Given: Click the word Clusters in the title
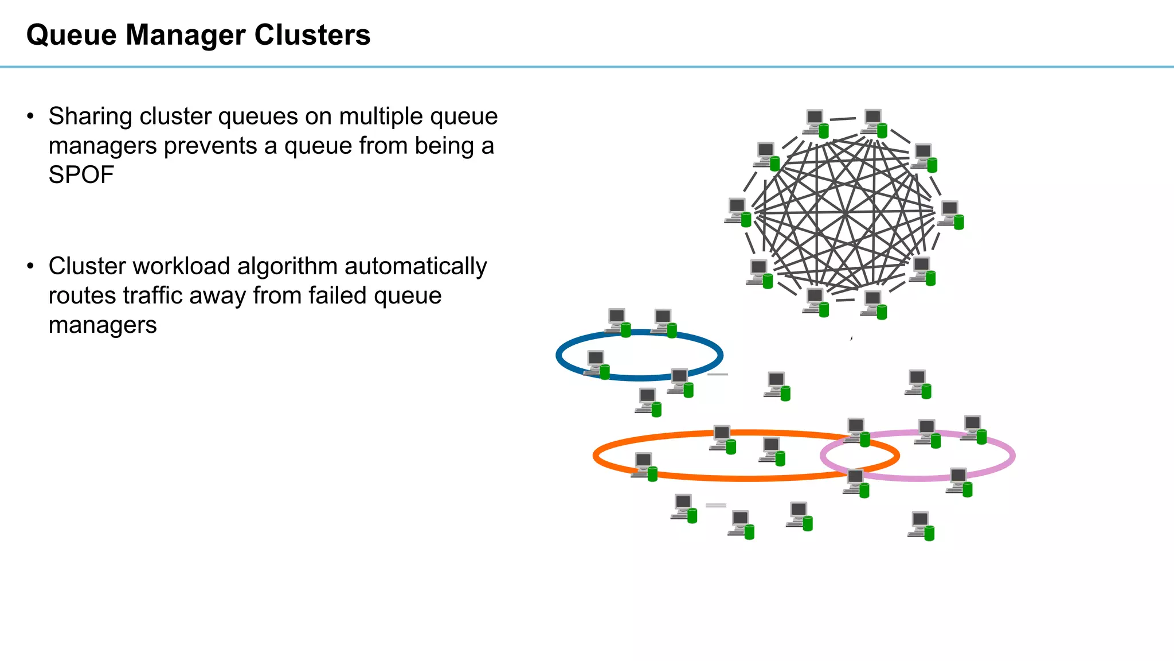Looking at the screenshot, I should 312,35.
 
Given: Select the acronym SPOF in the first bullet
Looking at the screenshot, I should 81,175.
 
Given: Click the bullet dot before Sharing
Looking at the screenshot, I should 31,116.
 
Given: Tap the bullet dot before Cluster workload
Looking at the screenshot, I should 31,266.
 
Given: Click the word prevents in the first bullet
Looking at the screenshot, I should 210,146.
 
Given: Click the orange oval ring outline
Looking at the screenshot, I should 745,477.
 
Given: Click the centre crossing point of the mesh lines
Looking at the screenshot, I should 846,213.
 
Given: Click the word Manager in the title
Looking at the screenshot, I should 186,36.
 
